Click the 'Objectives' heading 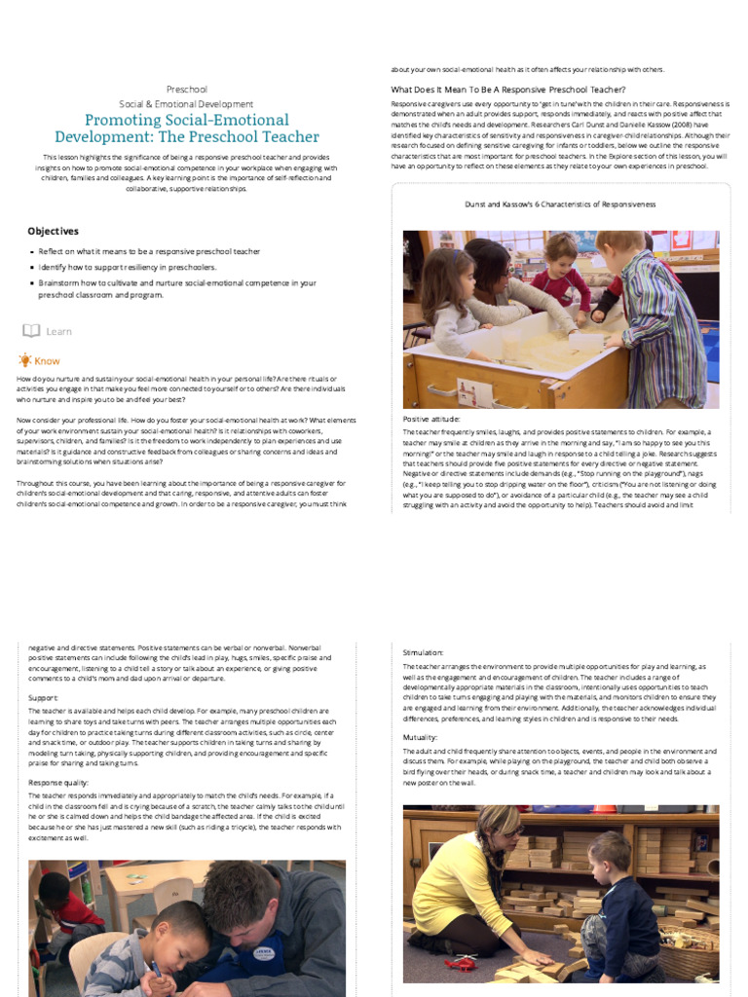(x=53, y=231)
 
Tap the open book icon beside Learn (x=31, y=331)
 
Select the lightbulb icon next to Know (x=24, y=360)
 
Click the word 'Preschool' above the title (x=186, y=90)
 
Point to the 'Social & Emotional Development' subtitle (x=186, y=103)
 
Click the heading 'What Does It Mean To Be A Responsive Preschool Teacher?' (x=507, y=90)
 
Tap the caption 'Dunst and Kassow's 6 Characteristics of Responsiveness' (x=560, y=204)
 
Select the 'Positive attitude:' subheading (x=431, y=419)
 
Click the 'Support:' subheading (x=44, y=697)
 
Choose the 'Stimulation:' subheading (x=424, y=652)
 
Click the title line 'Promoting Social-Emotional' (x=186, y=120)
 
